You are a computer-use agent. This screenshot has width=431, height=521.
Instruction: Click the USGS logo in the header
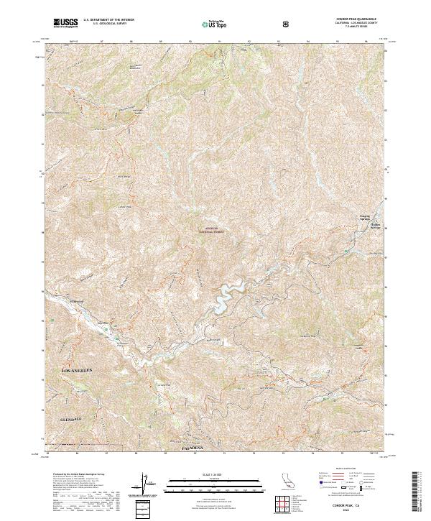[65, 24]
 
